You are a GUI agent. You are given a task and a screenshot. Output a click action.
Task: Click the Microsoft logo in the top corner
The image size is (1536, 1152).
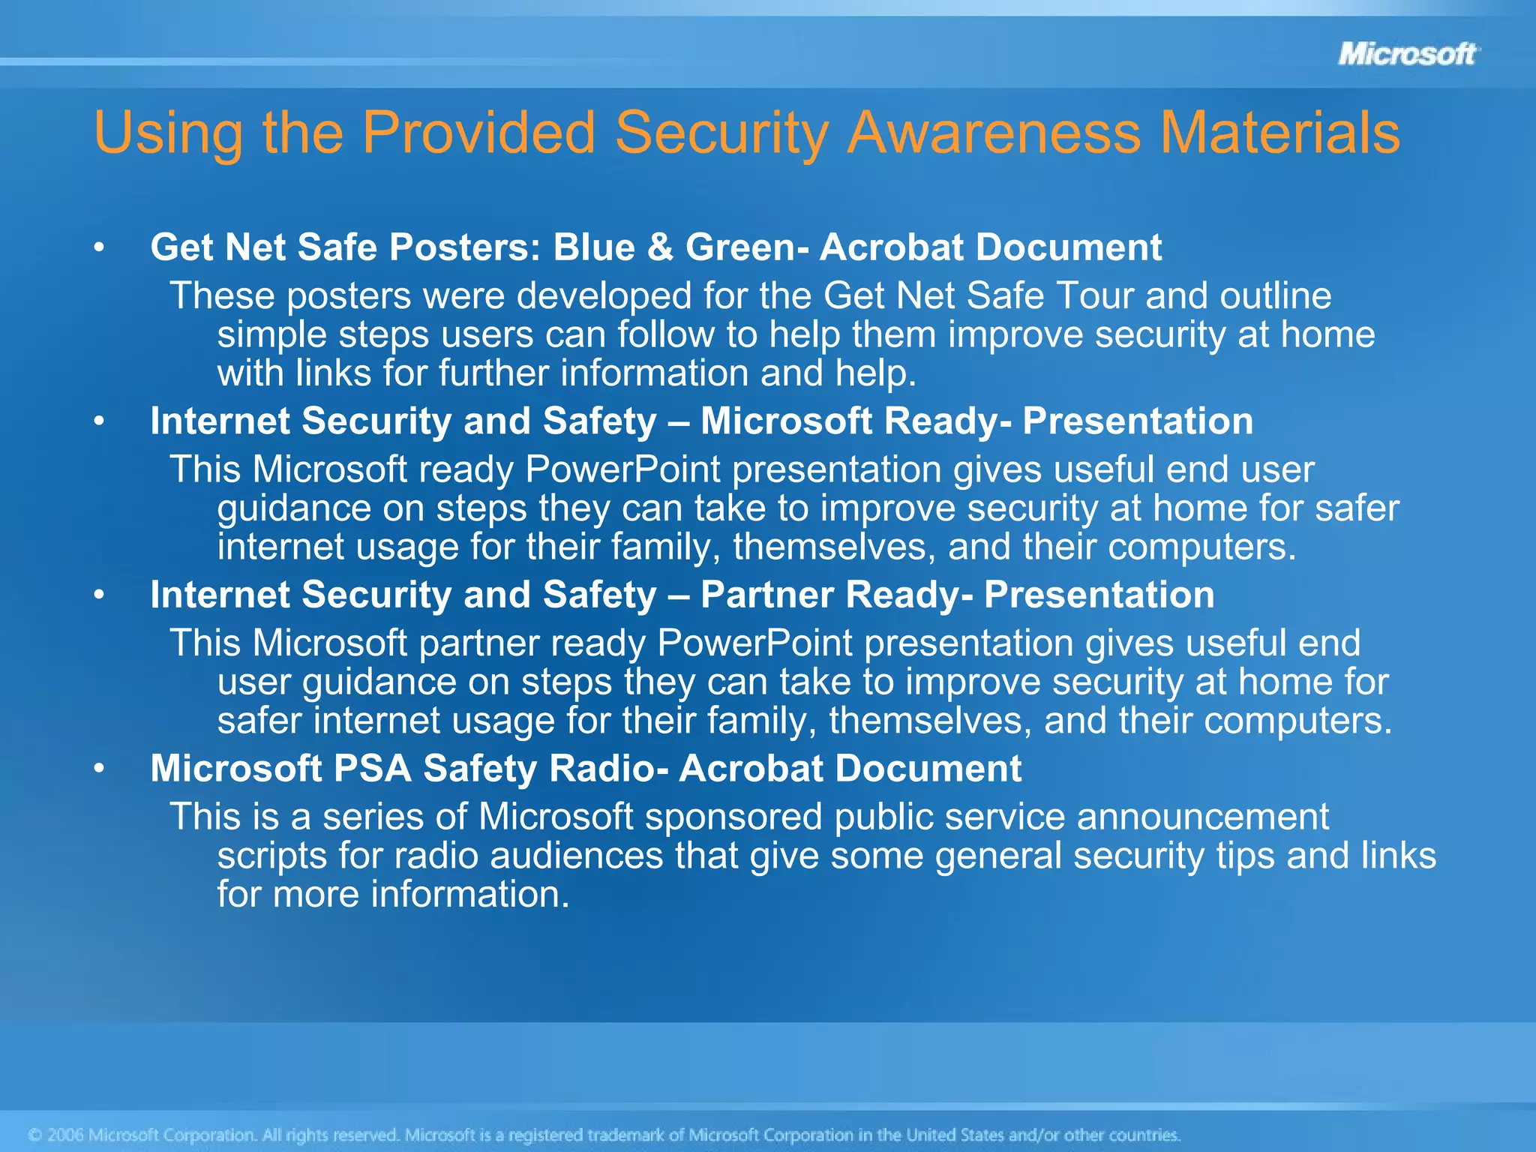pyautogui.click(x=1407, y=54)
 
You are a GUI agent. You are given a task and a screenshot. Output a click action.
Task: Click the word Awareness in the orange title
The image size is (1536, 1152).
pyautogui.click(x=995, y=133)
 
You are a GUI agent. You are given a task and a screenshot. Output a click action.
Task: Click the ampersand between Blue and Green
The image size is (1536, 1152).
pyautogui.click(x=660, y=247)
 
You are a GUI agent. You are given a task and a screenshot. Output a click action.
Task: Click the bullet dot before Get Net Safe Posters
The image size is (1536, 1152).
pyautogui.click(x=99, y=247)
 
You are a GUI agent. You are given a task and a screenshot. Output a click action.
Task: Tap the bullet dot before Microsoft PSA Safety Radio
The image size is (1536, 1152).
pyautogui.click(x=99, y=769)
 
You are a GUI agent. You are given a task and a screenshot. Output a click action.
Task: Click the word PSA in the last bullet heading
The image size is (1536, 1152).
pyautogui.click(x=372, y=769)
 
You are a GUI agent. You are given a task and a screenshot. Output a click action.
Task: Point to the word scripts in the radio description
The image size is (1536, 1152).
pyautogui.click(x=271, y=856)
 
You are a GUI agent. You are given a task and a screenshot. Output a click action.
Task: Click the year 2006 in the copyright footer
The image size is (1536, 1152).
pyautogui.click(x=65, y=1135)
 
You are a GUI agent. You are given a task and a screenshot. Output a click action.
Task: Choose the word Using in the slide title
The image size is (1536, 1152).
pyautogui.click(x=168, y=133)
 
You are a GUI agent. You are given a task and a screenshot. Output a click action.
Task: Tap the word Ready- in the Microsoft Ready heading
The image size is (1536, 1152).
pyautogui.click(x=947, y=421)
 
